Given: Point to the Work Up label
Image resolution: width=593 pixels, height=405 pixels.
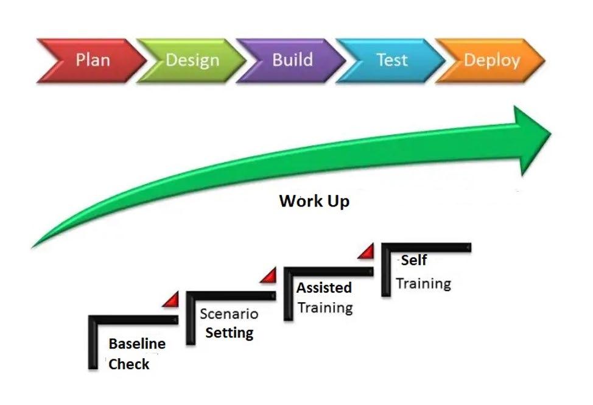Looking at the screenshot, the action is click(314, 201).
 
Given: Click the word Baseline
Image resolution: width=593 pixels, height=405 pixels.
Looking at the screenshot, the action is click(137, 343).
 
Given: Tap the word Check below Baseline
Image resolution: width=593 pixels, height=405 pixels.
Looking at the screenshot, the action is click(129, 364).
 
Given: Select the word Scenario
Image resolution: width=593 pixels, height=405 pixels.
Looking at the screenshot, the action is click(229, 314).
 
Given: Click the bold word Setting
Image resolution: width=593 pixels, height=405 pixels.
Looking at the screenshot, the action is click(230, 333).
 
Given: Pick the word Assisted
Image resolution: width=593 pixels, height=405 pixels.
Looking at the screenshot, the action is click(324, 287).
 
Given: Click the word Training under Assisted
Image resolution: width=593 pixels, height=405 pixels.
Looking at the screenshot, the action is click(325, 307).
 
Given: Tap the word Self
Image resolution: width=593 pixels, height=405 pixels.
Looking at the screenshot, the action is click(414, 261).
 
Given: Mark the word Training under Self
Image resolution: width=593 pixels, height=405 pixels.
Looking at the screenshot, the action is click(424, 283).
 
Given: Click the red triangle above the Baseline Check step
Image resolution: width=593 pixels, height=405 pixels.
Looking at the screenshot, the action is click(171, 300).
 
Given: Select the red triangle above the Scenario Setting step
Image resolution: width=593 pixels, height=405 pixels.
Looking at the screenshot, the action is click(269, 276).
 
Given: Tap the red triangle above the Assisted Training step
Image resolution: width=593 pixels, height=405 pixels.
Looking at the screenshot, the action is click(366, 252).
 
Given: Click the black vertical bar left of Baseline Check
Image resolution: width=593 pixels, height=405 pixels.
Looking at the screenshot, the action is click(93, 344).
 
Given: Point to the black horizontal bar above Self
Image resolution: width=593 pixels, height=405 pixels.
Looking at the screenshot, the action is click(426, 247).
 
